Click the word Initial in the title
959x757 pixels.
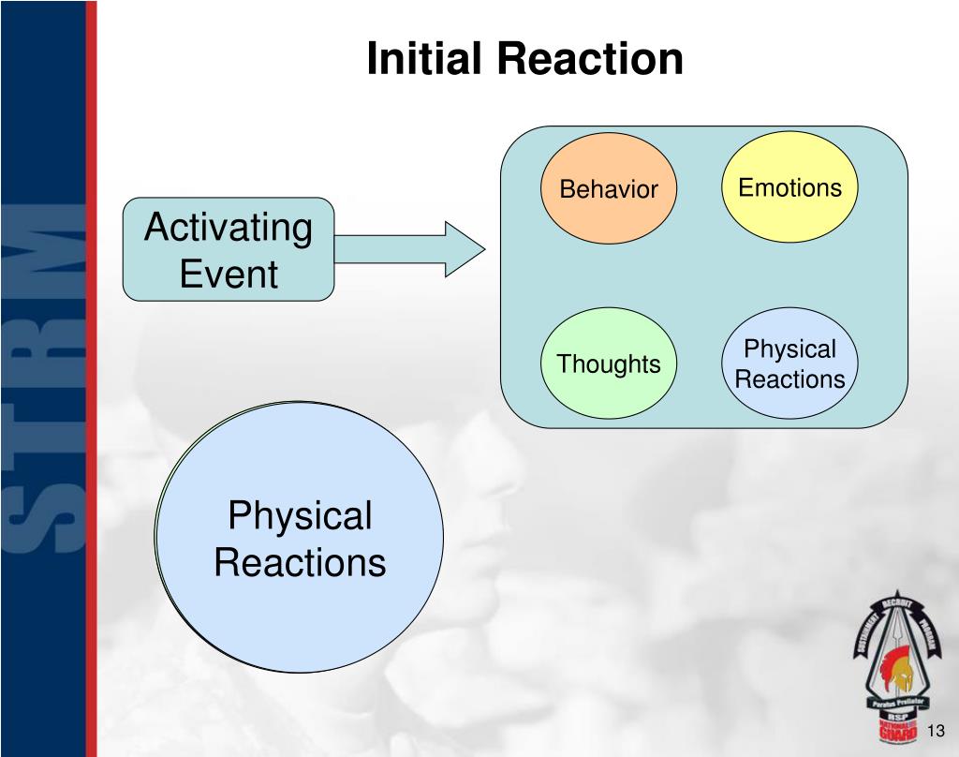point(425,58)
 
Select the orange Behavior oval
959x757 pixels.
point(609,189)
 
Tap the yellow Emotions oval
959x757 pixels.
point(789,187)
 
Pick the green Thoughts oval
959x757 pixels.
point(609,364)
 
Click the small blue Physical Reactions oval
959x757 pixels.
point(789,364)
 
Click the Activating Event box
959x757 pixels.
point(229,249)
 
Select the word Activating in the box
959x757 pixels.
point(229,228)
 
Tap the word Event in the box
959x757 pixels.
point(229,275)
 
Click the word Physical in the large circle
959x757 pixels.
point(300,516)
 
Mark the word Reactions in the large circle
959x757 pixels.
point(300,563)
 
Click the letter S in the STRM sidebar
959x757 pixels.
point(42,511)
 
